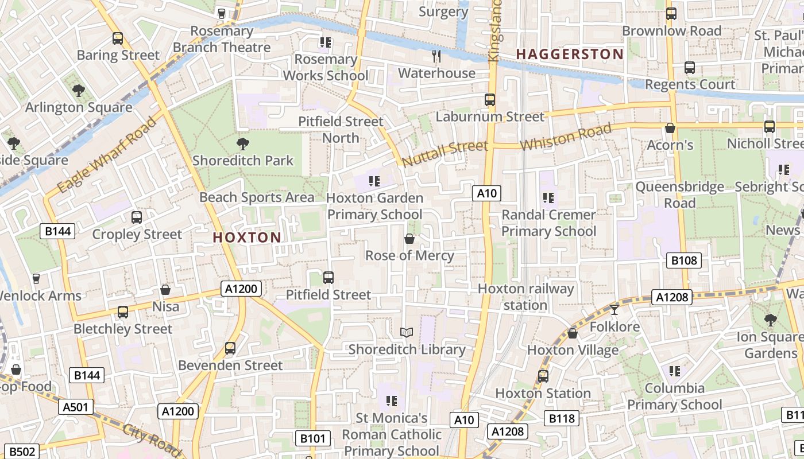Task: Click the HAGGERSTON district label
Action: [569, 55]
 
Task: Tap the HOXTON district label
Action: [247, 238]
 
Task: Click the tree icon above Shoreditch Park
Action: [243, 143]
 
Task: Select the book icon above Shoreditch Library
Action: [407, 332]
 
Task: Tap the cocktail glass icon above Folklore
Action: [614, 310]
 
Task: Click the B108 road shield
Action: [684, 260]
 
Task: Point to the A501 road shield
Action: [75, 407]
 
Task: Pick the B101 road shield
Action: [313, 439]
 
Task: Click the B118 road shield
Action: [562, 418]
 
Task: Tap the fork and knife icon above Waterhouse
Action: [436, 56]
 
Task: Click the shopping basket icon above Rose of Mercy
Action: [409, 239]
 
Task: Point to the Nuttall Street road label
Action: [445, 154]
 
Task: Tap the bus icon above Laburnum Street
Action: [489, 100]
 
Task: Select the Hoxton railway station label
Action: [525, 297]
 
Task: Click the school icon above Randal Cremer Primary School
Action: [548, 198]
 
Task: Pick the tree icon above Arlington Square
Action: [79, 90]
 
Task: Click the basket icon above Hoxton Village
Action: [573, 333]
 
